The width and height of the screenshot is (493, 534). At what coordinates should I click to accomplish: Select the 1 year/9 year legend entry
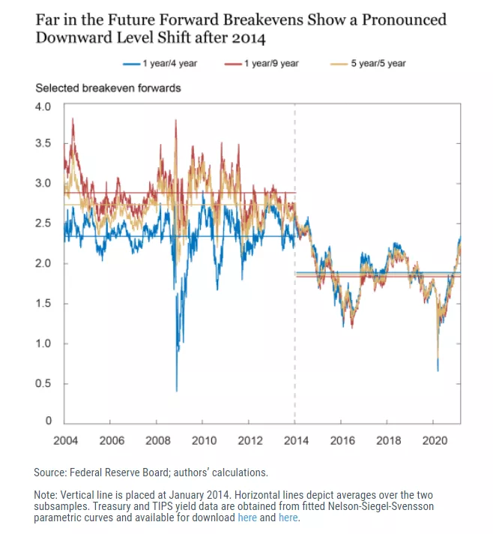pos(267,64)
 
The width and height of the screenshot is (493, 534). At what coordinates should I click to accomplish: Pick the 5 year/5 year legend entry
pos(372,64)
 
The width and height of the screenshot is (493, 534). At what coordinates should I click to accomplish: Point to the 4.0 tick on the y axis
pos(43,106)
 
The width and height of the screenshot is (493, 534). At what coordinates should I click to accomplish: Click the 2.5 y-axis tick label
pos(43,223)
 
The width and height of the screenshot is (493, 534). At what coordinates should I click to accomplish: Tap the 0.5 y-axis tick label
pos(43,383)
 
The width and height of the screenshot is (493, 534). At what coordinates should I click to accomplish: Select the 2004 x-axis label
pos(66,440)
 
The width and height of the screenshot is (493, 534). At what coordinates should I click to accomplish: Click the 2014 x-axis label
pos(295,440)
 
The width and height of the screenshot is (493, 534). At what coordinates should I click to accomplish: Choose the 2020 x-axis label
pos(434,440)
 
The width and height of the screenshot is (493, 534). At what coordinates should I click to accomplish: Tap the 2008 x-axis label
pos(157,440)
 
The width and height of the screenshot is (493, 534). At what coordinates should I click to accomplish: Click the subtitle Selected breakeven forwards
pos(108,88)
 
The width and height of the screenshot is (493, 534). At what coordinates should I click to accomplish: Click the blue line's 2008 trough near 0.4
pos(177,390)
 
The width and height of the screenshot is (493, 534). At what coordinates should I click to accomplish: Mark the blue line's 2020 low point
pos(438,370)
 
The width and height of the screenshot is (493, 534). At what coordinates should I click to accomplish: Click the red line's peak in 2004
pos(73,118)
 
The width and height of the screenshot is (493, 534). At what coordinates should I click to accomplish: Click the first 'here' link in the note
pos(247,518)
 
